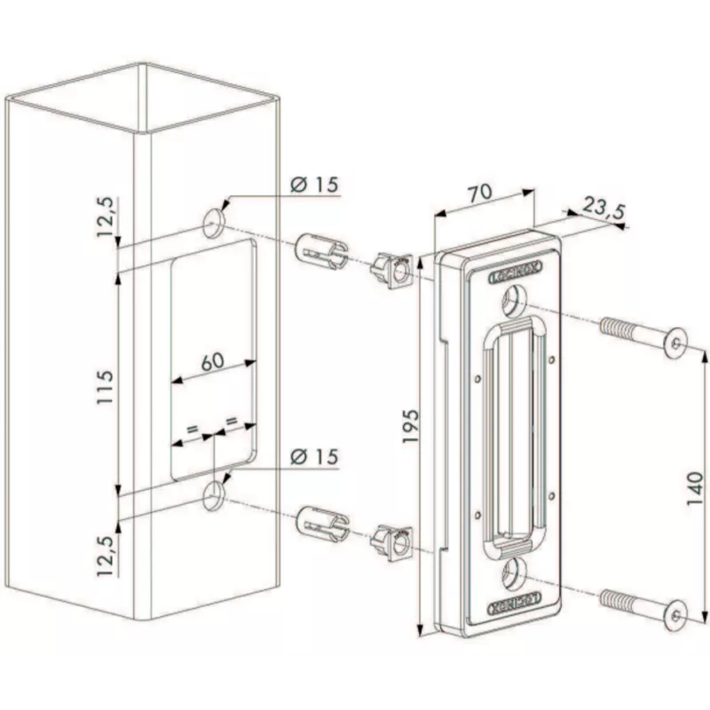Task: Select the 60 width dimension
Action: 210,361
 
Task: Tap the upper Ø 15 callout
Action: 314,185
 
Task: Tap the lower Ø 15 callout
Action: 314,456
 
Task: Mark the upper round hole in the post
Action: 214,224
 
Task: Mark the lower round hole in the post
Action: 214,496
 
